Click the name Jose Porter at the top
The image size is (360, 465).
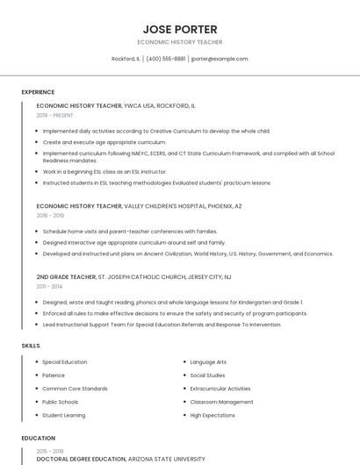tap(180, 29)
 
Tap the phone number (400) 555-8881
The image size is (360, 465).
tap(166, 59)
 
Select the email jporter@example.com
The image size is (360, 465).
tap(220, 59)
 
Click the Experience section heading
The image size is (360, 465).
tap(38, 92)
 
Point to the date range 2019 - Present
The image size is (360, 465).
tap(55, 115)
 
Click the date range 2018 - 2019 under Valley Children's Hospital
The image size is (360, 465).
tap(50, 215)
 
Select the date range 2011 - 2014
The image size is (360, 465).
tap(49, 286)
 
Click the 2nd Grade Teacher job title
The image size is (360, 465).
tap(66, 277)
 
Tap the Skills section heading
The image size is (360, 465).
tap(31, 346)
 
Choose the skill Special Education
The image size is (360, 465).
tap(64, 361)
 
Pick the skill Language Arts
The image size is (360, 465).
tap(208, 361)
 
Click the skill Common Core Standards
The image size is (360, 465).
tap(75, 388)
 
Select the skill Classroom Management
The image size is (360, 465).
tap(215, 401)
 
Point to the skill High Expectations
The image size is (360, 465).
tap(212, 414)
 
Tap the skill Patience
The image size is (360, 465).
tap(54, 375)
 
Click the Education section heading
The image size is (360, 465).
tap(38, 438)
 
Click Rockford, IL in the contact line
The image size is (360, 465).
tap(126, 59)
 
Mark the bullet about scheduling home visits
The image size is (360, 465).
tap(129, 231)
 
